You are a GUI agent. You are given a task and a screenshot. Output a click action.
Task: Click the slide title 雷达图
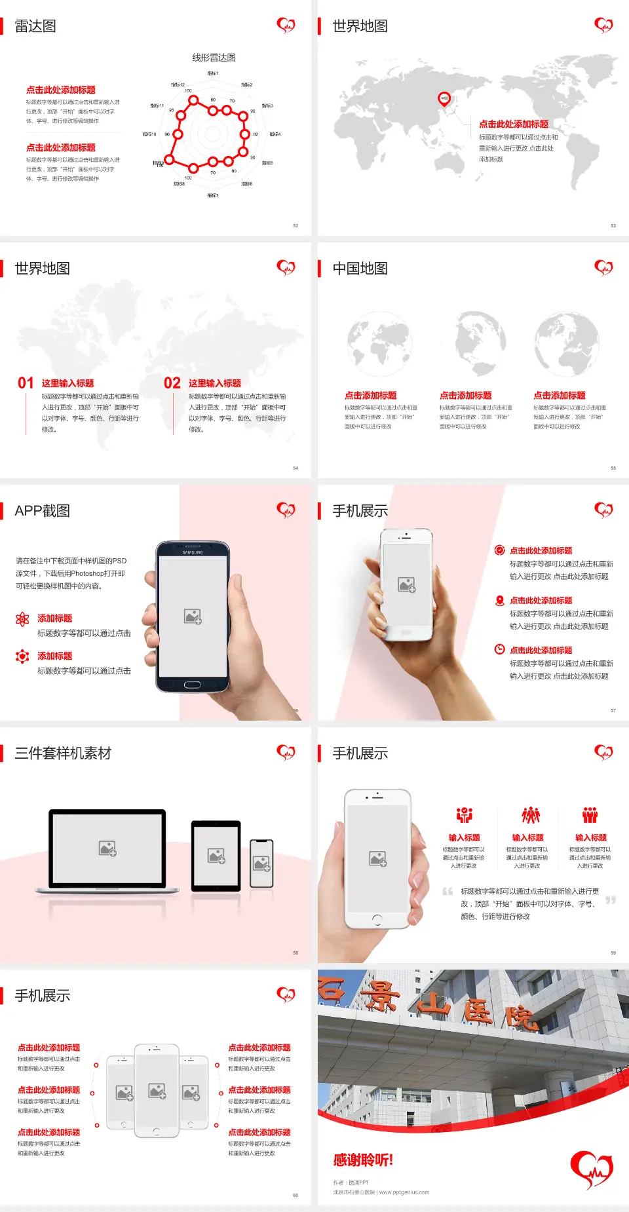[35, 26]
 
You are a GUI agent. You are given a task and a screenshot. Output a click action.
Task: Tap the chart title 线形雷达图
[214, 58]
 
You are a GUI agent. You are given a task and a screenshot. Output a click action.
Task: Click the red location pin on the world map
[444, 99]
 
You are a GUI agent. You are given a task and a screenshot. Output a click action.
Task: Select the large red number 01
[26, 383]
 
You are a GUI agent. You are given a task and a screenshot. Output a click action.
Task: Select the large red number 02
[172, 383]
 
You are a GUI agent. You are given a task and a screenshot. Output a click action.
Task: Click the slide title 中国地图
[360, 269]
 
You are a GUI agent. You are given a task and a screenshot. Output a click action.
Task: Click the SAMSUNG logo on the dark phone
[193, 552]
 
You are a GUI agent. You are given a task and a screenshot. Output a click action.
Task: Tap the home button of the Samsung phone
[192, 685]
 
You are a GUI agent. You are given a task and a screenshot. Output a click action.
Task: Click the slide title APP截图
[42, 511]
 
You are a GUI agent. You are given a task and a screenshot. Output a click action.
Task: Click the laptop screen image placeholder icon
[107, 848]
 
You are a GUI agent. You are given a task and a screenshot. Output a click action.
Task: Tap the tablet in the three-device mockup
[216, 856]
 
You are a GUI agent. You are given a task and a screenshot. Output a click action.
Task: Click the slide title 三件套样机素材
[63, 753]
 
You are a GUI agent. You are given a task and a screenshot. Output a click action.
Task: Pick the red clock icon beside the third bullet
[499, 649]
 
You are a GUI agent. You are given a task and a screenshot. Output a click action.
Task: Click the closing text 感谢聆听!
[363, 1160]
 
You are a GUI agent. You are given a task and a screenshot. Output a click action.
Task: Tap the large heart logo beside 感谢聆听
[592, 1168]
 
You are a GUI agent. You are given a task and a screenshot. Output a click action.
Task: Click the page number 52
[295, 226]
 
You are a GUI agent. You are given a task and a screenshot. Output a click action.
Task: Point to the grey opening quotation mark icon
[448, 891]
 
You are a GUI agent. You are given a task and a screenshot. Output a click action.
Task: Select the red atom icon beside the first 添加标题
[22, 618]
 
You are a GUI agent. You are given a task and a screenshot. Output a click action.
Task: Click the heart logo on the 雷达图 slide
[286, 26]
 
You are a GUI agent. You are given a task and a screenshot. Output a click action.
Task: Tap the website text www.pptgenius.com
[404, 1192]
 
